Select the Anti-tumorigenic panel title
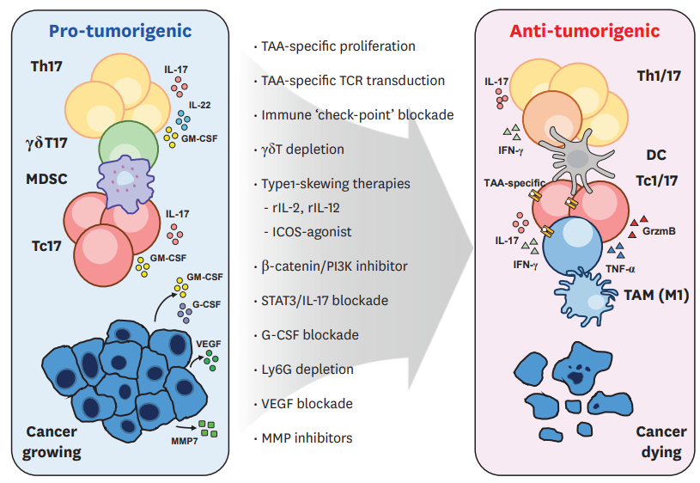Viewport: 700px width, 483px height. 584,32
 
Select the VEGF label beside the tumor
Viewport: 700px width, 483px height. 209,342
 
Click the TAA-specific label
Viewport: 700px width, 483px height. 513,183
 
